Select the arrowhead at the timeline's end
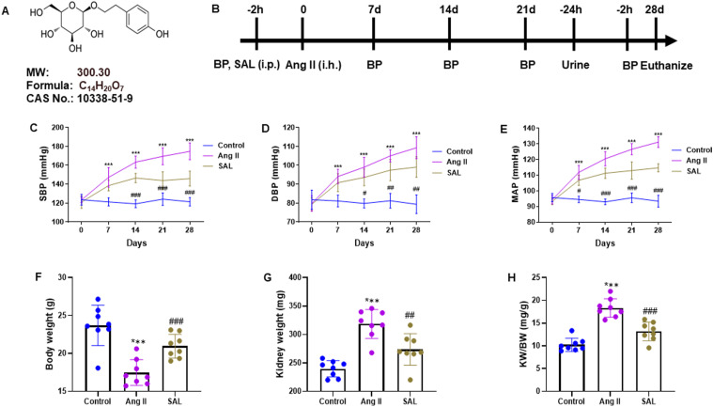coord(673,40)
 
